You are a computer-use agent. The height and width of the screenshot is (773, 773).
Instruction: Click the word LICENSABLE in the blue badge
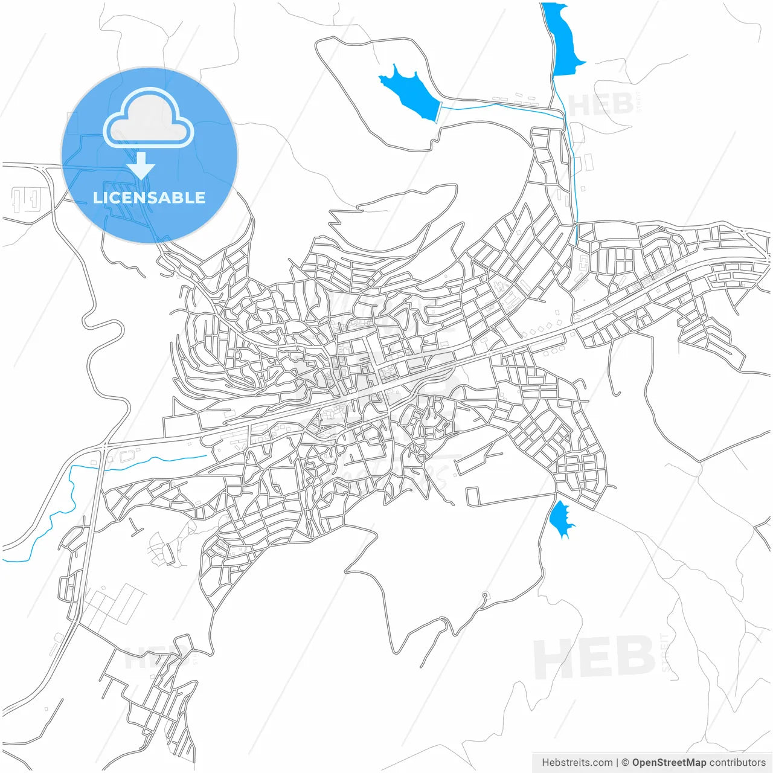click(149, 197)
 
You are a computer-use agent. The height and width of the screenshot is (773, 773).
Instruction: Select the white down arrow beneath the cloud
click(141, 165)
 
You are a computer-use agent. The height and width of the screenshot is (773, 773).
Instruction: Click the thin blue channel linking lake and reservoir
click(501, 106)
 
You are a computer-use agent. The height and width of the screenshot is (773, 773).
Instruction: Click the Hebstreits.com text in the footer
click(577, 763)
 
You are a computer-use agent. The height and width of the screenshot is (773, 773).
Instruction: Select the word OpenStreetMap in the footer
click(669, 763)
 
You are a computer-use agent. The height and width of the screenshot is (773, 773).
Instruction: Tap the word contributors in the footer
click(737, 763)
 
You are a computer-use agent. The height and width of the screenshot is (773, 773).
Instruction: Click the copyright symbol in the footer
click(626, 763)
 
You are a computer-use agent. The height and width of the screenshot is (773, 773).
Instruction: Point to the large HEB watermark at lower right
click(595, 657)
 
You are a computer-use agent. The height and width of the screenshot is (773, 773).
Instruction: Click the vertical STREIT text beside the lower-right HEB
click(665, 652)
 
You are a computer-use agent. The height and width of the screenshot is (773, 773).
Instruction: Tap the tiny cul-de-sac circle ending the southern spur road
click(484, 595)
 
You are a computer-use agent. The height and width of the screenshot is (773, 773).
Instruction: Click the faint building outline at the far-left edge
click(27, 199)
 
